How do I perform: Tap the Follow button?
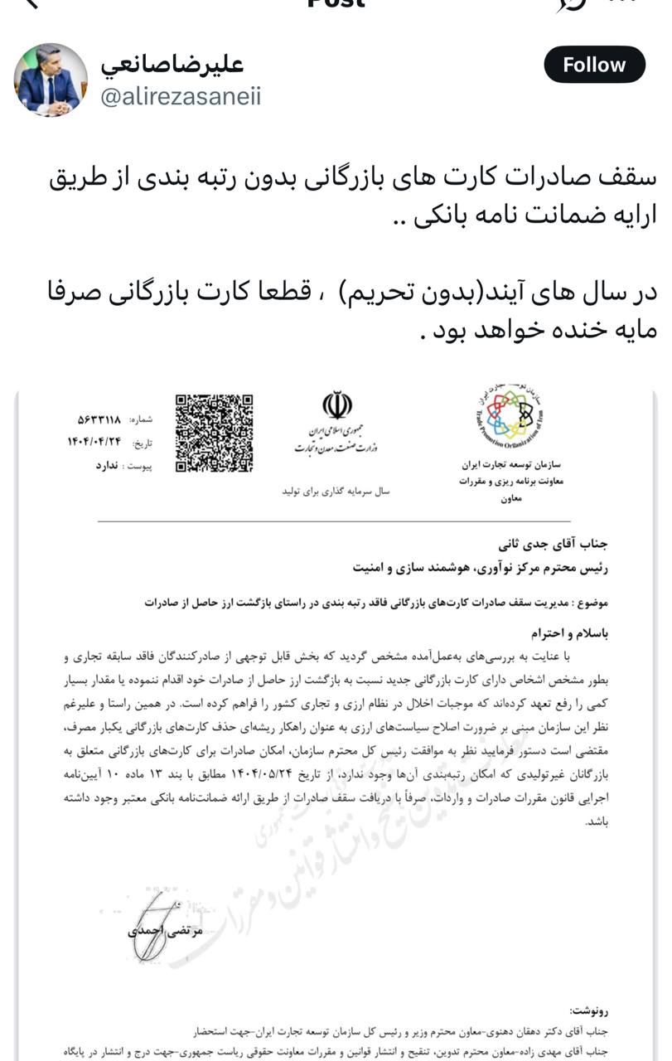point(594,65)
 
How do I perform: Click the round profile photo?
point(51,80)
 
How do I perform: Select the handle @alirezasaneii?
point(181,97)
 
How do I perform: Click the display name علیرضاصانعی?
point(172,64)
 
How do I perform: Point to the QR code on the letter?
point(214,433)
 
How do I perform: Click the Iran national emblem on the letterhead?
point(337,406)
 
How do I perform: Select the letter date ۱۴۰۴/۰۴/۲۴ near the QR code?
point(95,442)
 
